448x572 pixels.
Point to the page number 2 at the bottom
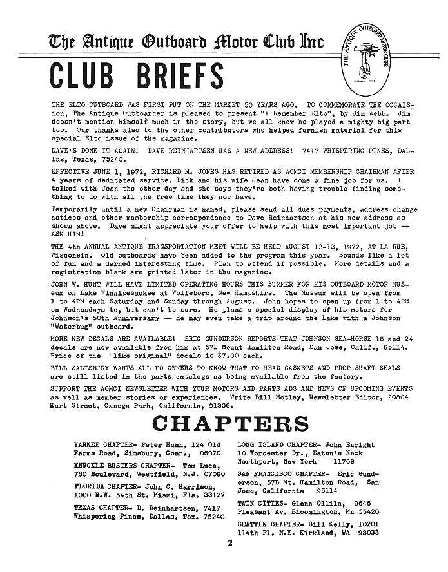[x=229, y=543]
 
